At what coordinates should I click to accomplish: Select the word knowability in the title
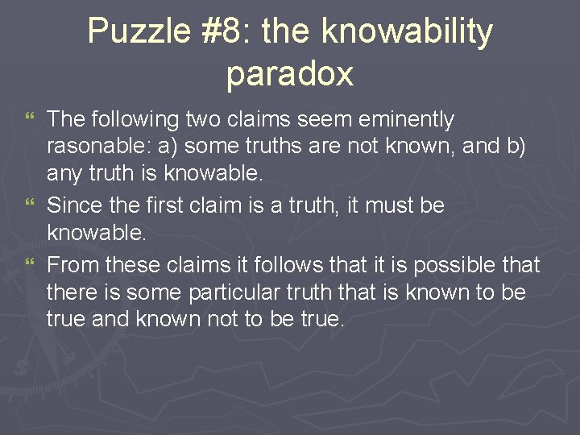click(406, 32)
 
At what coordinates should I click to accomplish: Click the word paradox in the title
click(290, 73)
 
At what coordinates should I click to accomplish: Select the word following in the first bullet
click(132, 120)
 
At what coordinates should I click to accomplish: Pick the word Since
click(73, 206)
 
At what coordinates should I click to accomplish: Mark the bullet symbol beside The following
click(31, 121)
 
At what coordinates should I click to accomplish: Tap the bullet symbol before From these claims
click(31, 265)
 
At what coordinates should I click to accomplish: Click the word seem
click(317, 120)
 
